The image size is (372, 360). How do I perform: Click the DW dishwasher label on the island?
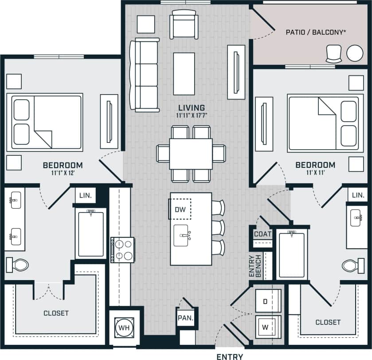tap(179, 209)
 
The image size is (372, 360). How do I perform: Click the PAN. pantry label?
tap(184, 318)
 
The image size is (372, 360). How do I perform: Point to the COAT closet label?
tap(262, 234)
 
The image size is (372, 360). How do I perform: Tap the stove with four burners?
tap(123, 250)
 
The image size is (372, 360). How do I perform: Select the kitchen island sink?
tap(183, 232)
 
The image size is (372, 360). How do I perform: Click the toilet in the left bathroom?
tap(17, 265)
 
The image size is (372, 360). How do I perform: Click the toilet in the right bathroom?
tap(353, 265)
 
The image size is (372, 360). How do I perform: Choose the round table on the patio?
tap(355, 53)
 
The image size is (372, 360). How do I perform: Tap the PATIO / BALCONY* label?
tap(309, 32)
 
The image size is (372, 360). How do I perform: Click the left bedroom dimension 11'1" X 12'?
tap(63, 173)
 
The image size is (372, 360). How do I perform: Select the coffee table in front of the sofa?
tap(184, 74)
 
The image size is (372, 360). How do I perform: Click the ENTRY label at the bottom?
tap(230, 356)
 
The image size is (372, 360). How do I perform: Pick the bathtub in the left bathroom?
tap(91, 233)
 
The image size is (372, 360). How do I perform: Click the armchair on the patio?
tap(333, 54)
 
